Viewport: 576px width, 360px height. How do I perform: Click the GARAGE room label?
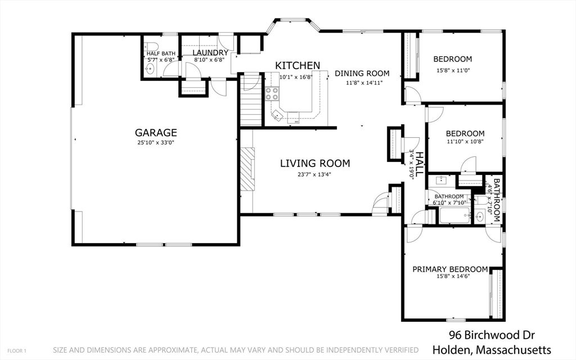pos(156,133)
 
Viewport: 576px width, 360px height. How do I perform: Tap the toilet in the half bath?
pos(151,47)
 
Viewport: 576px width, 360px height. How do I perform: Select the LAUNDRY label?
pos(210,53)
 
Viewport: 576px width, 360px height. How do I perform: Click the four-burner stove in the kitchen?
pos(272,93)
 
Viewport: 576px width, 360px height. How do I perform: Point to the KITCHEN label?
pos(298,66)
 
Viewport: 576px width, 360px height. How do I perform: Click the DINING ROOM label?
pos(362,74)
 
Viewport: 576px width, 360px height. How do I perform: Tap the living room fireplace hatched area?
pos(247,169)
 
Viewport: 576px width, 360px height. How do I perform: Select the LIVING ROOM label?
pos(315,164)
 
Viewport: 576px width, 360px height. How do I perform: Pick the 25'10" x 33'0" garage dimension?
pos(156,142)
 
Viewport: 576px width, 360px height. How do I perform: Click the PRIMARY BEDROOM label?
pos(450,269)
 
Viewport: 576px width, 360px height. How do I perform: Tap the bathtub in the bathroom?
pos(454,215)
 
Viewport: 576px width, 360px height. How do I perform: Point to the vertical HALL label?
pos(419,164)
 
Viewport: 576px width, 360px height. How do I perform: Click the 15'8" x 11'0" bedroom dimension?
pos(453,70)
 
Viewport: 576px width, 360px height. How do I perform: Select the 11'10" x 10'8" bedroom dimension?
pos(465,141)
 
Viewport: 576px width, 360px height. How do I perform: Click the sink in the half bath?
pos(150,68)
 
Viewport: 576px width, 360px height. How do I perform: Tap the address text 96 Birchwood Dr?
pos(492,335)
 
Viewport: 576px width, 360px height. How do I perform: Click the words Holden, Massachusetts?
pos(492,349)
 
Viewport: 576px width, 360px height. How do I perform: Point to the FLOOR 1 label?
pos(17,351)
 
